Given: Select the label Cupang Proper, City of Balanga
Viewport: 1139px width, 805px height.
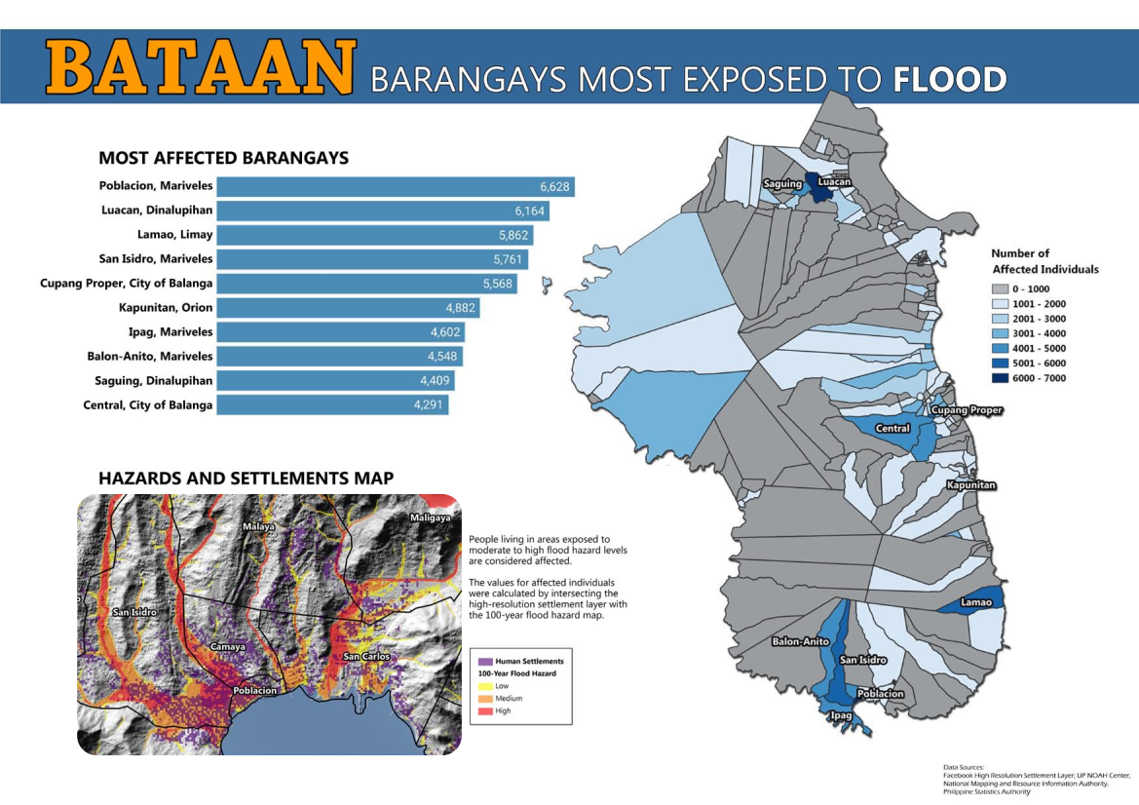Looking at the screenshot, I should (126, 284).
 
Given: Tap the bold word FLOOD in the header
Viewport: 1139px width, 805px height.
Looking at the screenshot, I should (949, 79).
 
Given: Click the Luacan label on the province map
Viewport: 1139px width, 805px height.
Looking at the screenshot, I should (834, 182).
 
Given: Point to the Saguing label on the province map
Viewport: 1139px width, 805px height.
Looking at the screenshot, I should (781, 184).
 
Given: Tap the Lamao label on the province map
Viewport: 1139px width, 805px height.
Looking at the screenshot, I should (976, 602).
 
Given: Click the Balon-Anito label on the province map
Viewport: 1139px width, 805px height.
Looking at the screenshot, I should (800, 642).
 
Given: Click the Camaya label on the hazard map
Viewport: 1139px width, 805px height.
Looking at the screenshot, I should (227, 646).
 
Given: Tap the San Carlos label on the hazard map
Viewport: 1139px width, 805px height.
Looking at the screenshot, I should (365, 656).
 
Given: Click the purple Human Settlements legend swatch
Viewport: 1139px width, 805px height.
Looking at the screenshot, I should (485, 662).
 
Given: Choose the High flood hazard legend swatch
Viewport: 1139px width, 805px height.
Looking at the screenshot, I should (485, 710).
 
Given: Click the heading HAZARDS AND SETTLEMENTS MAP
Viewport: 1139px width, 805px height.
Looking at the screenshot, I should (246, 479).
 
